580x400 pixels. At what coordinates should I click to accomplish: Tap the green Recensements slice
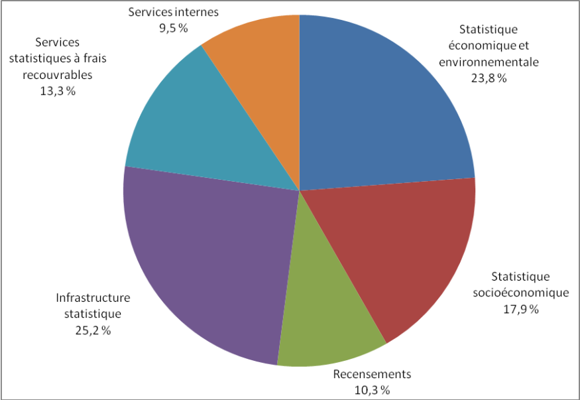click(x=325, y=312)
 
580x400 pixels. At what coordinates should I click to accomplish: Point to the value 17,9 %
click(x=520, y=309)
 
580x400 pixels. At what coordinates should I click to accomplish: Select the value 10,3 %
click(x=371, y=389)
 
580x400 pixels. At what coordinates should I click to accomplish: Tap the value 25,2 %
click(x=92, y=330)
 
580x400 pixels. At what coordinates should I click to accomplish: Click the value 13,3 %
click(x=58, y=91)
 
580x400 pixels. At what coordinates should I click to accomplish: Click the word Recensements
click(x=372, y=374)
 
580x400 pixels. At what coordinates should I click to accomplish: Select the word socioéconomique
click(x=520, y=293)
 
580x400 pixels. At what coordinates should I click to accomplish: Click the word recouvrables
click(x=57, y=74)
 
